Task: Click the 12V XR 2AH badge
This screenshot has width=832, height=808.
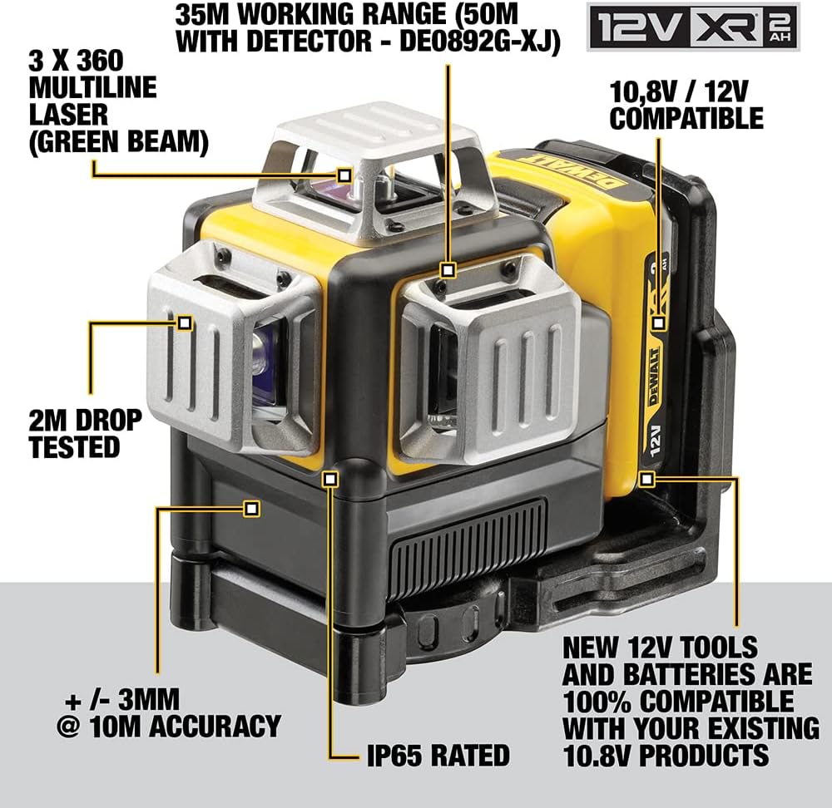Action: (x=693, y=27)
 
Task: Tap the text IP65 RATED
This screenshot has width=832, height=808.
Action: (x=438, y=755)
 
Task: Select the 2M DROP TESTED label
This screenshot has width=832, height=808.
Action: (x=86, y=433)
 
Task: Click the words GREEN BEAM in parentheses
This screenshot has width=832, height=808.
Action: (x=118, y=141)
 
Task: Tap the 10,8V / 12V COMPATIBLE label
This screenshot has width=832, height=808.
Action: (x=686, y=105)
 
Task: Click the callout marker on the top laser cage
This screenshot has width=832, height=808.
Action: (x=345, y=175)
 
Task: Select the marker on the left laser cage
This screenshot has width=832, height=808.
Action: (x=185, y=323)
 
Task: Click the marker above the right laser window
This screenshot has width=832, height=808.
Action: (x=448, y=270)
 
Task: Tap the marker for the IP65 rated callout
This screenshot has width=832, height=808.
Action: (x=330, y=480)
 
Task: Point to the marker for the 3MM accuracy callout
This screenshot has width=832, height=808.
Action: (x=251, y=509)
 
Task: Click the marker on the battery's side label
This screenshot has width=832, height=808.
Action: (x=658, y=323)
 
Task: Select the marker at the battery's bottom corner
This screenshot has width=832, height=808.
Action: (x=646, y=480)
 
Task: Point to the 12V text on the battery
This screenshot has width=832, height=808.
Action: (x=655, y=440)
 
